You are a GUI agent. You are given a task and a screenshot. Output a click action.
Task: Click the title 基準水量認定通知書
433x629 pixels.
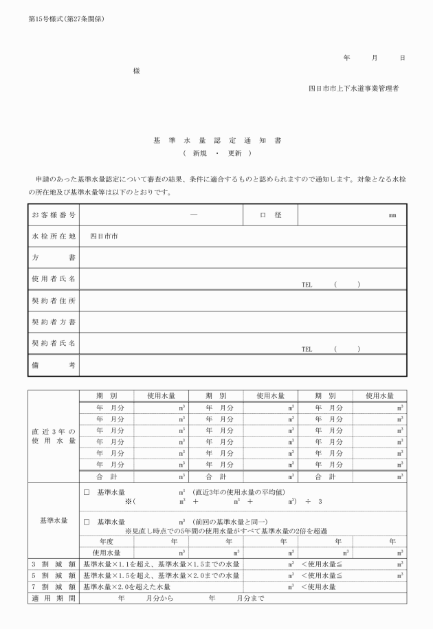[x=216, y=140]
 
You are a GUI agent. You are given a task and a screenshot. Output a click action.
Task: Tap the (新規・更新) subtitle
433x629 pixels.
[x=216, y=153]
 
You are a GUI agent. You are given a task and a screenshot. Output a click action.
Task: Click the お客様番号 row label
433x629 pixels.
[x=54, y=215]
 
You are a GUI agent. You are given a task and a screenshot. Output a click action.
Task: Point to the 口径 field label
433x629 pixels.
[x=271, y=215]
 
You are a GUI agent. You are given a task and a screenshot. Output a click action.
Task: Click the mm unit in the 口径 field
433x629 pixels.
[x=392, y=216]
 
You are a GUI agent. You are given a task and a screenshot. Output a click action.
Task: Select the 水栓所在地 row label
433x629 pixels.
[x=54, y=236]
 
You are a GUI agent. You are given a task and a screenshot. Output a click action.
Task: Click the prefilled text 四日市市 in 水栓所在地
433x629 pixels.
[x=104, y=236]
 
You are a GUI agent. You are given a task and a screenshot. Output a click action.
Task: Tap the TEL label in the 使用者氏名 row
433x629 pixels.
[x=307, y=284]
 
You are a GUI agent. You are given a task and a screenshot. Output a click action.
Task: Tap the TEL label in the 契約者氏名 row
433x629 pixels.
[x=307, y=349]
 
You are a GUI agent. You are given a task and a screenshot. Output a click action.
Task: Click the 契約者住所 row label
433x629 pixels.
[x=54, y=301]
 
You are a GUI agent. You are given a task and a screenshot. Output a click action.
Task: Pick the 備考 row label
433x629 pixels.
[x=54, y=365]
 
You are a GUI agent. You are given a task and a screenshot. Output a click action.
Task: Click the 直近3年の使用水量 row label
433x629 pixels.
[x=54, y=436]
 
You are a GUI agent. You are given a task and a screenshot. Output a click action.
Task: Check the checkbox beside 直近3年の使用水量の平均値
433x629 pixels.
[x=87, y=493]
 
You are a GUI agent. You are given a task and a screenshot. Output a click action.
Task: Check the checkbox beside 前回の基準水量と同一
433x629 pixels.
[x=87, y=522]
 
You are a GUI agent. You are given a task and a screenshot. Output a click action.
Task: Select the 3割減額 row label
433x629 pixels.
[x=54, y=564]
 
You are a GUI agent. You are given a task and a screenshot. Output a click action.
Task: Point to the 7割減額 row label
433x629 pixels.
[x=54, y=587]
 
